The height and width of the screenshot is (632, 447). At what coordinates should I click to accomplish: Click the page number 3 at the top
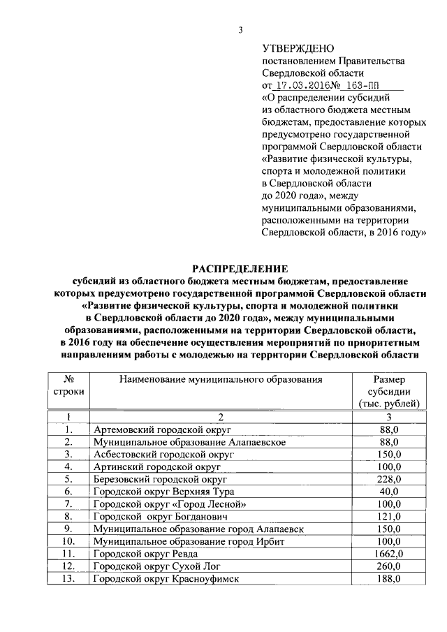pos(240,29)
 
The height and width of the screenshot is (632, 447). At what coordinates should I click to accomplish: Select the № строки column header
pos(68,385)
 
